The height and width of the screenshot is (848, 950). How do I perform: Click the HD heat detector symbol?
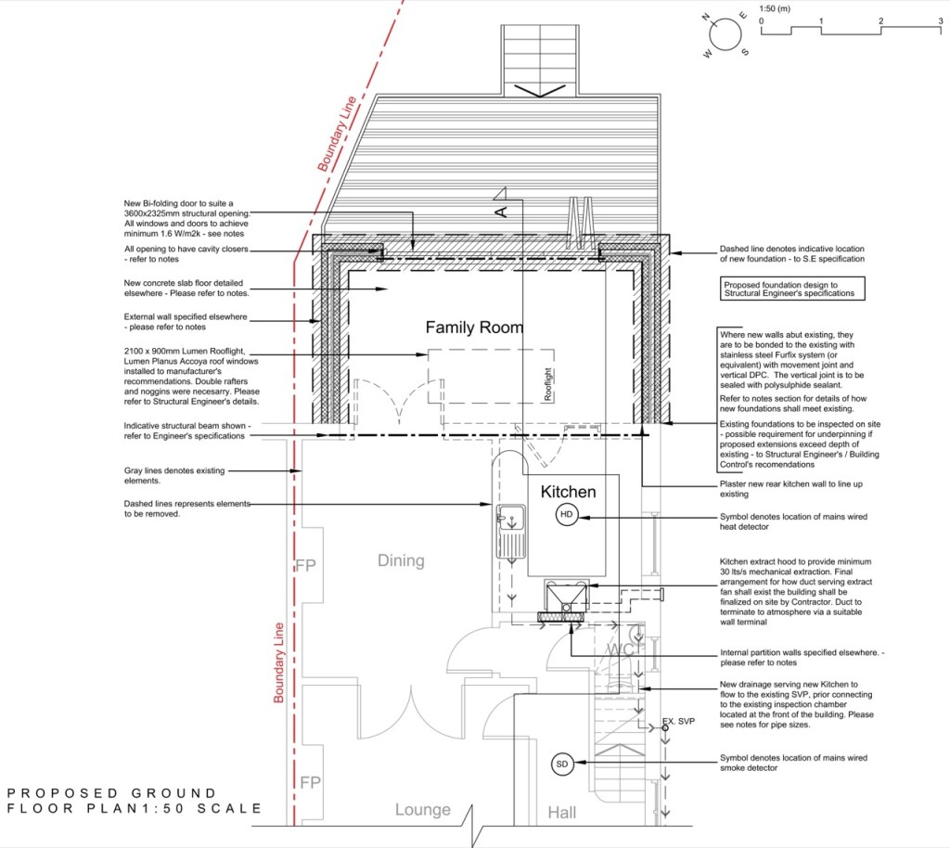pos(567,514)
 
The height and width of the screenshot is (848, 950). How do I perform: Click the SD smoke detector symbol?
pos(562,764)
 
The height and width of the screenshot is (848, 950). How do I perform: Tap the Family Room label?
pos(474,328)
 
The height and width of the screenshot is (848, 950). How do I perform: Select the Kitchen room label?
pos(569,491)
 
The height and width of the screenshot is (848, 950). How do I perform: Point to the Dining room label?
pos(401,561)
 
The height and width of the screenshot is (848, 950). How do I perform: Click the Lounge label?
pos(423,810)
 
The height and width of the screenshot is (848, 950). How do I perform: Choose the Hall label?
pos(562,812)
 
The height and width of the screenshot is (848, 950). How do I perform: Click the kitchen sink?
pos(511,531)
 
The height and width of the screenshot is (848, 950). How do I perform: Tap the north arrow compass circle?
pos(725,34)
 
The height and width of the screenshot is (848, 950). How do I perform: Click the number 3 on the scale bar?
pos(941,20)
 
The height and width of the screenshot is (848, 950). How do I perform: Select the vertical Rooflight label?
pos(548,384)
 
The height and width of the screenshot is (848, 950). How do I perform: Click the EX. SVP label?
pos(678,721)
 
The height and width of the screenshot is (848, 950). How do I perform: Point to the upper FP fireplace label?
pos(306,565)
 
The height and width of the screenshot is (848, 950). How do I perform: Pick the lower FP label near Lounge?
pos(310,782)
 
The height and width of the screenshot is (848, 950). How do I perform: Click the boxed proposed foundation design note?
pos(792,289)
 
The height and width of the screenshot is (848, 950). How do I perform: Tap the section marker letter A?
pos(501,212)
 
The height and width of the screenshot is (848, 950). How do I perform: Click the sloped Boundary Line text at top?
pos(337,134)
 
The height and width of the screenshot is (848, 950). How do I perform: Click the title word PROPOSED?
pos(63,793)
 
